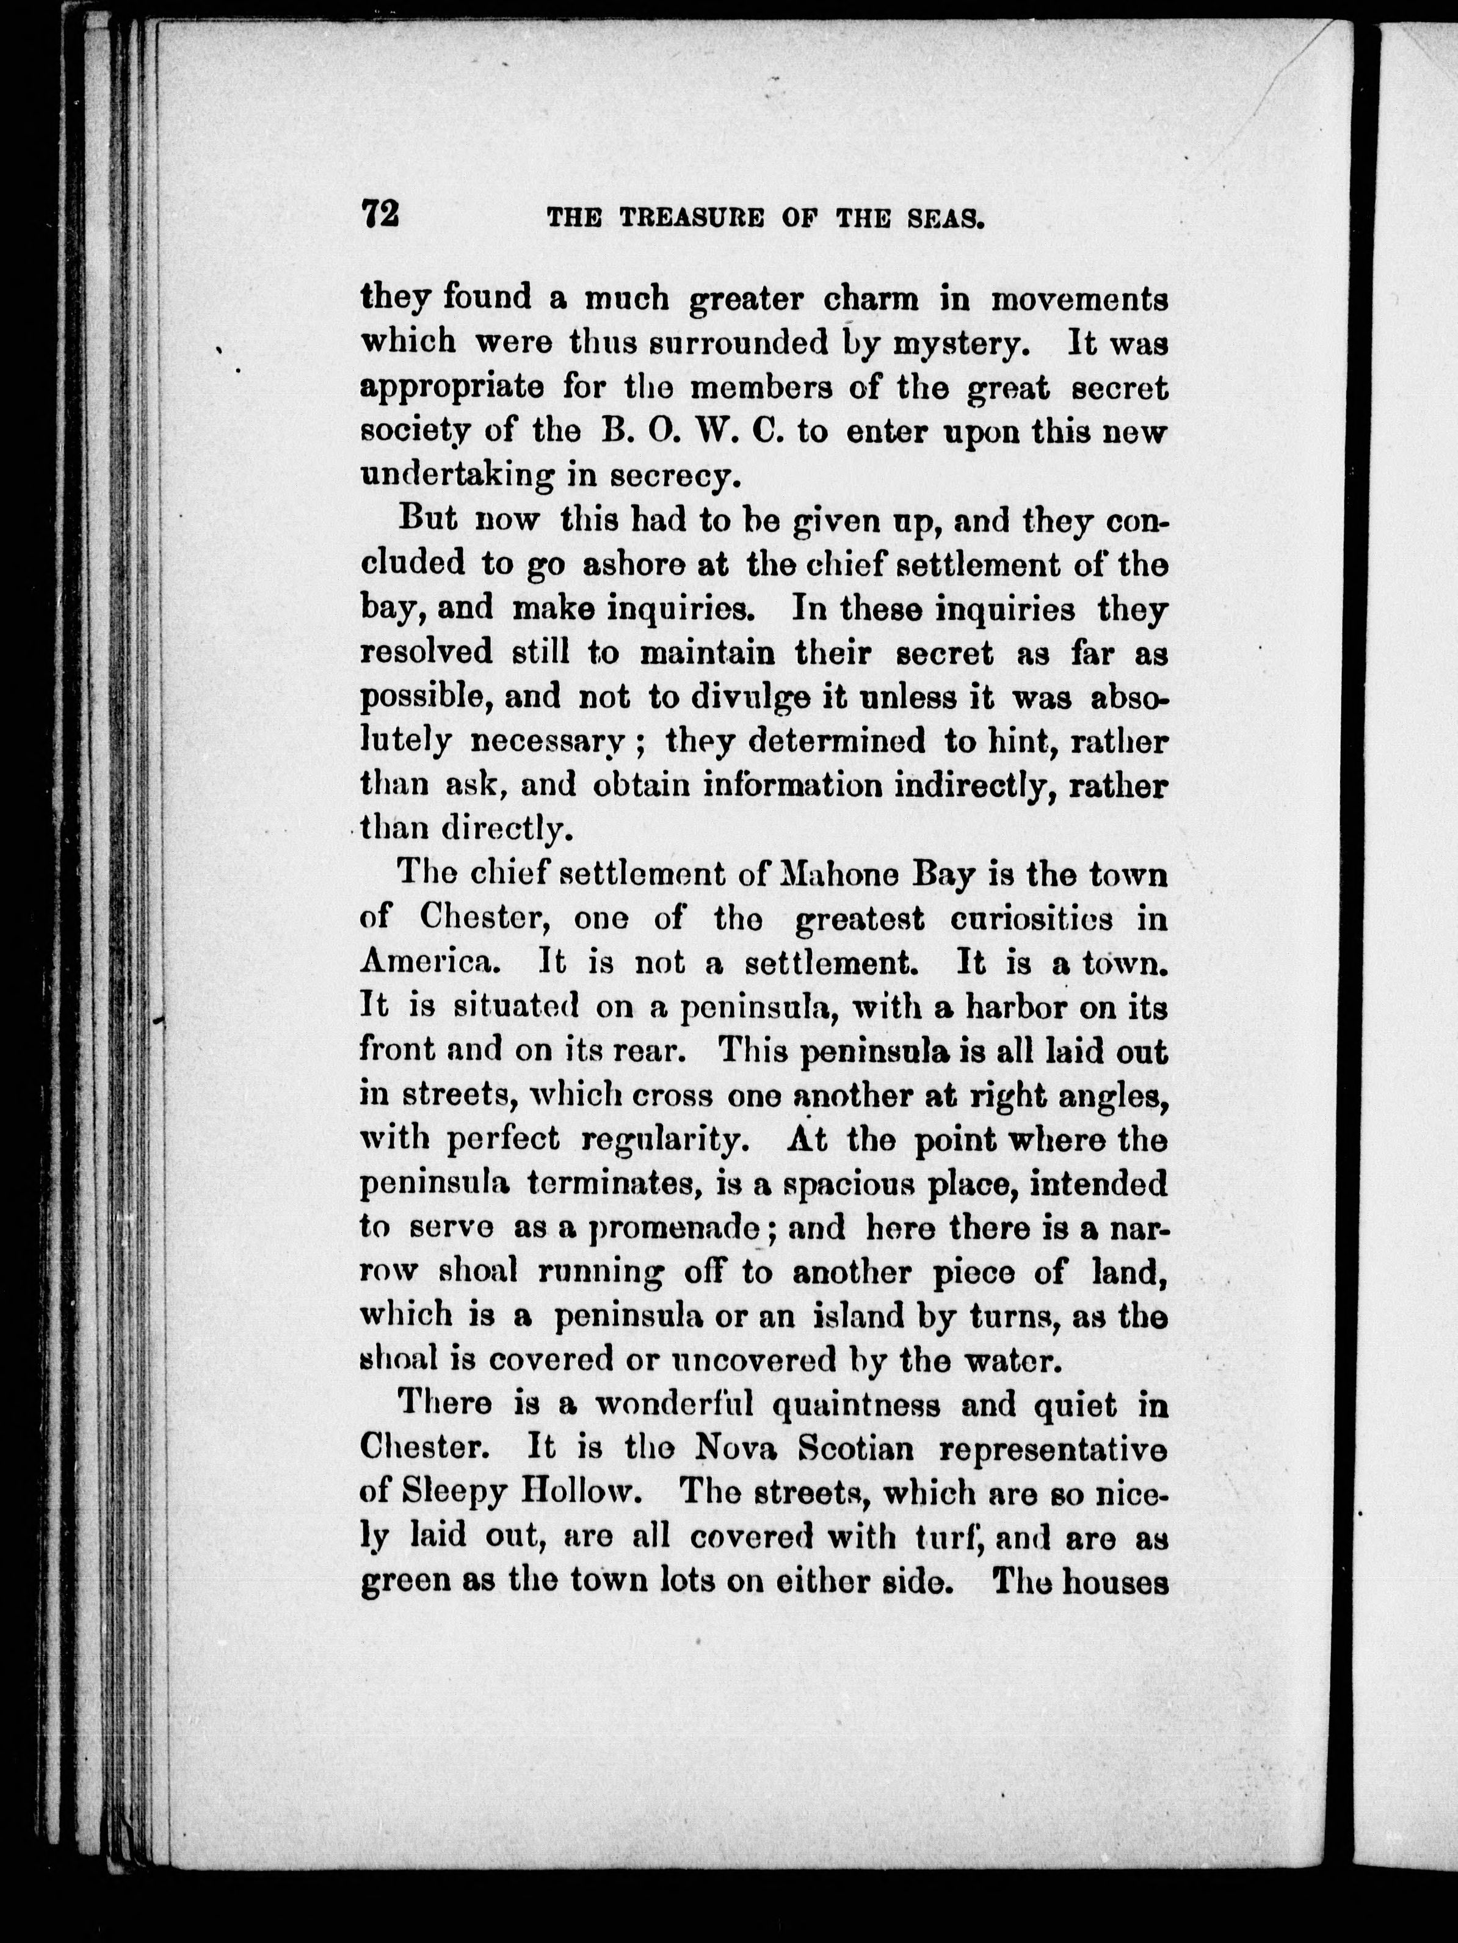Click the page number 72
point(380,214)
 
